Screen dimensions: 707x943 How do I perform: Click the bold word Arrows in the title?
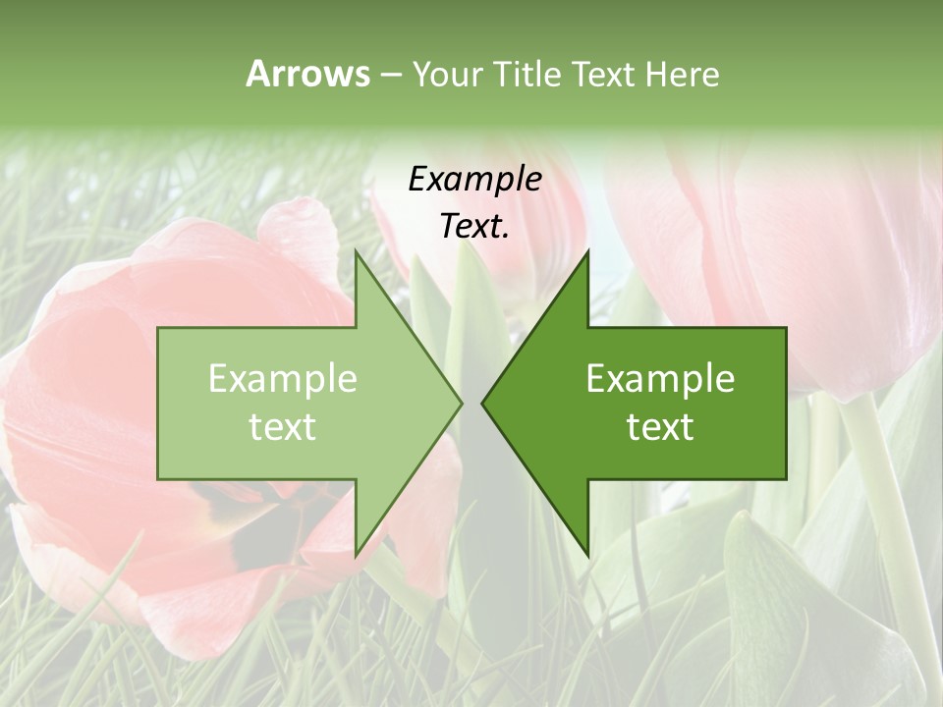point(307,75)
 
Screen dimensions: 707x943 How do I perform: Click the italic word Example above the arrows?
point(474,179)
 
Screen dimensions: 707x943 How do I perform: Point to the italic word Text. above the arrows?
point(474,226)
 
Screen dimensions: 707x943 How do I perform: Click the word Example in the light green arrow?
point(282,379)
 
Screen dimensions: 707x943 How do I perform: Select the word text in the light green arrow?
point(282,427)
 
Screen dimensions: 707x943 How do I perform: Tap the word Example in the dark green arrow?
point(660,379)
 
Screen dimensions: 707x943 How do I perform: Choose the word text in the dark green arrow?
point(660,427)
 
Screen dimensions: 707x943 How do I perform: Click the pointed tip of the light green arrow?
point(460,403)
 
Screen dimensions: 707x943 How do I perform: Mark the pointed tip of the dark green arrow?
point(483,403)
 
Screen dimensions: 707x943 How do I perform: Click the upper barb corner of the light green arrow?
point(357,252)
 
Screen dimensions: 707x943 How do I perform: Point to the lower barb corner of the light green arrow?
point(357,555)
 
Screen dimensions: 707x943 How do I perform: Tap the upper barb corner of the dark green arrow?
point(587,252)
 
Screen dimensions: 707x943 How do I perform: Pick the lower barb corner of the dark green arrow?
point(587,555)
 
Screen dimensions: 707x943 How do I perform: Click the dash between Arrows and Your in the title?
point(390,75)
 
